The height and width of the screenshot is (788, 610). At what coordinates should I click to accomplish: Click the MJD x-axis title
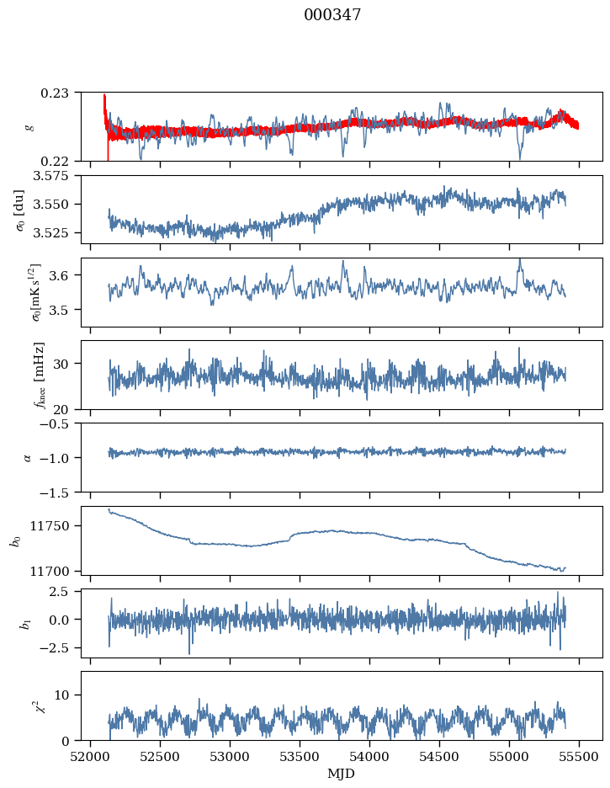point(341,773)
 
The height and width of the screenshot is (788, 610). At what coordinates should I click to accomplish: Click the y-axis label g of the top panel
point(30,126)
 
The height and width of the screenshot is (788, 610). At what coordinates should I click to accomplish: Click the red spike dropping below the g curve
point(109,152)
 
